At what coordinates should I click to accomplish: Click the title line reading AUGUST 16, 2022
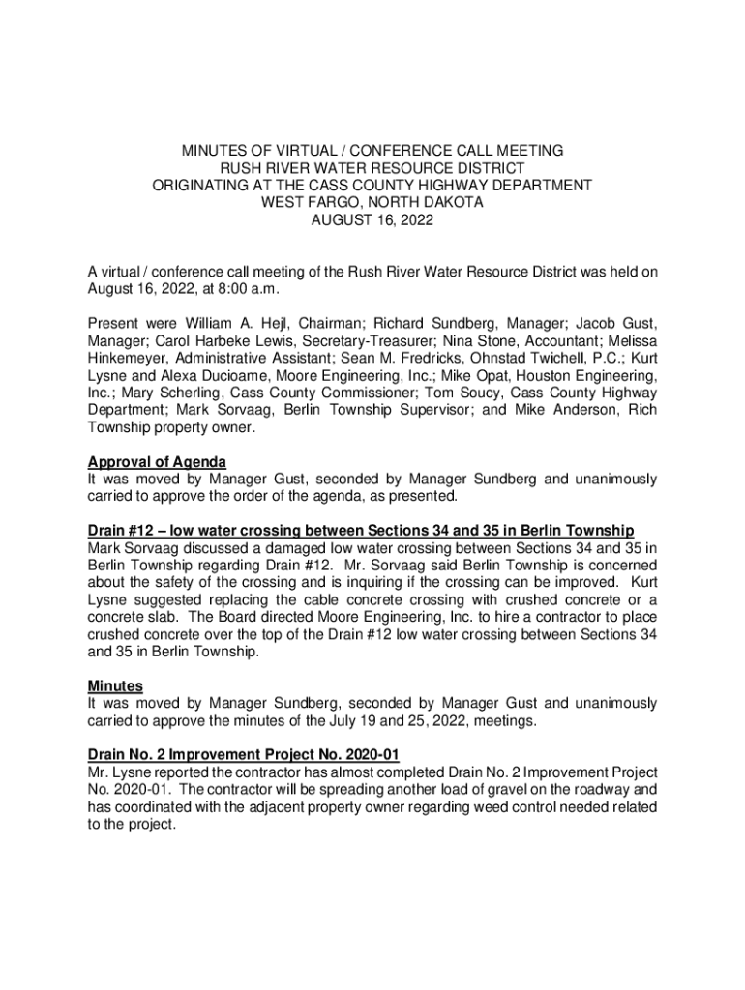[372, 220]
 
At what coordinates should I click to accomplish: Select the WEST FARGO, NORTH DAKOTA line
[372, 203]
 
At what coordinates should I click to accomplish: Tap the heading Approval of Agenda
[157, 461]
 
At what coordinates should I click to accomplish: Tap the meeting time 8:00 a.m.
[253, 289]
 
